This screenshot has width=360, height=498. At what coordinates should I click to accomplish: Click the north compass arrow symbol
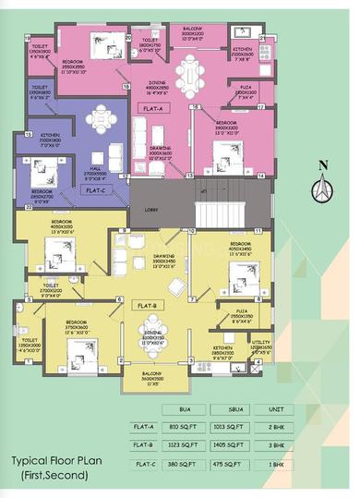(321, 188)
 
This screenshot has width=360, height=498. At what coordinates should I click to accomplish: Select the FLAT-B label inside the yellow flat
(149, 305)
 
